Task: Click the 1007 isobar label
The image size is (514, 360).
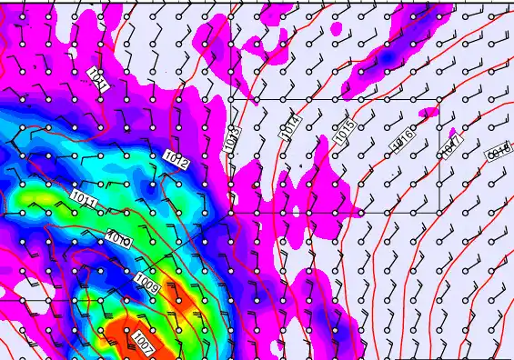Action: coord(143,344)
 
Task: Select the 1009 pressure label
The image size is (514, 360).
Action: coord(147,285)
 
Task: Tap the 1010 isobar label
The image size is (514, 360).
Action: coord(118,240)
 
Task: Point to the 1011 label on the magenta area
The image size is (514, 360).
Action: coord(99,79)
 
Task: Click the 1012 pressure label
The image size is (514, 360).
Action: coord(176,160)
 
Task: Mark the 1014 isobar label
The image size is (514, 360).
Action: coord(290,126)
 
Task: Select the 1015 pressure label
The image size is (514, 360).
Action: coord(344,133)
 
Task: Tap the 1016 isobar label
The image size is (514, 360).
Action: coord(403,139)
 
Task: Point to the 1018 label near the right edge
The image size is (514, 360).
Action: coord(499,152)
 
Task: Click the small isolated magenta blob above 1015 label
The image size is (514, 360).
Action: coord(337,29)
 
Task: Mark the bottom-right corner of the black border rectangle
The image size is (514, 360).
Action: coord(439,213)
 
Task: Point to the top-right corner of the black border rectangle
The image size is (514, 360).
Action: coord(439,98)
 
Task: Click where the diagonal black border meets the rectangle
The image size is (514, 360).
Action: coord(227,213)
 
